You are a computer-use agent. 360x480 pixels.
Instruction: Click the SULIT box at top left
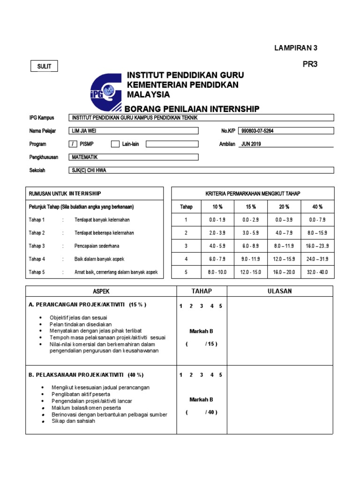pyautogui.click(x=45, y=67)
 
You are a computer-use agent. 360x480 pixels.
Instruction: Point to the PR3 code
pyautogui.click(x=310, y=65)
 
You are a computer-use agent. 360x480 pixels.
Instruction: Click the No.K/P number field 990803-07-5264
pyautogui.click(x=286, y=131)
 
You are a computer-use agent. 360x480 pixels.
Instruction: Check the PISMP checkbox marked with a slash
pyautogui.click(x=73, y=144)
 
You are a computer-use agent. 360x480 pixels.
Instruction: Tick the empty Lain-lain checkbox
pyautogui.click(x=115, y=144)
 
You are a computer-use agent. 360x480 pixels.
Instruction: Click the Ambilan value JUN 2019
pyautogui.click(x=251, y=144)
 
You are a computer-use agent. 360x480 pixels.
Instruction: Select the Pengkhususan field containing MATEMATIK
pyautogui.click(x=134, y=157)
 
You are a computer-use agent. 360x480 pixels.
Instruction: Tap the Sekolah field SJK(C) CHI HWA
pyautogui.click(x=202, y=170)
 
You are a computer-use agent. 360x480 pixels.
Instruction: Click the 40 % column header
pyautogui.click(x=318, y=207)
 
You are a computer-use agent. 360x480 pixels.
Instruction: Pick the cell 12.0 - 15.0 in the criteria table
pyautogui.click(x=250, y=272)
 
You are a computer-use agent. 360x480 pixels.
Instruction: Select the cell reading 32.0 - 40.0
pyautogui.click(x=318, y=272)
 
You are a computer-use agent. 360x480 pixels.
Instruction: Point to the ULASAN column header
pyautogui.click(x=279, y=291)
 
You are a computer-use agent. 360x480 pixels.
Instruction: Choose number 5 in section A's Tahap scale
pyautogui.click(x=220, y=306)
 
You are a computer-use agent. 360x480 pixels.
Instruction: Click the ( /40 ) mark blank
pyautogui.click(x=201, y=412)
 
